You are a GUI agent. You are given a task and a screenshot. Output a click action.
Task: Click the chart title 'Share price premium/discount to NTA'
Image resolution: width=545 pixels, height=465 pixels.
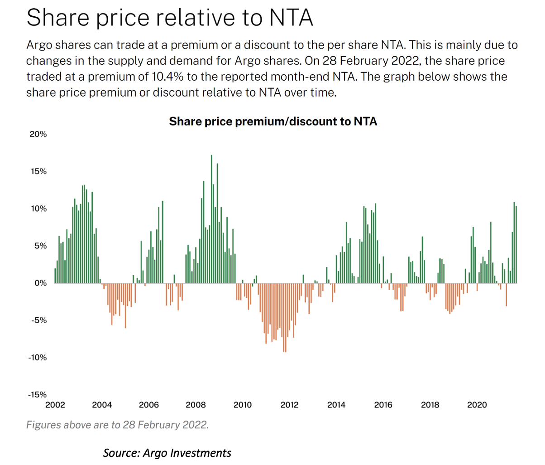click(273, 121)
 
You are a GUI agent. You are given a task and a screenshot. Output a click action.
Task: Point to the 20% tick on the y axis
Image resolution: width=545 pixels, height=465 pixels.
click(38, 134)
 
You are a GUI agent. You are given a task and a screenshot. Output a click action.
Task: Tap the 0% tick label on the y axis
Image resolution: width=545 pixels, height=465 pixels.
click(40, 283)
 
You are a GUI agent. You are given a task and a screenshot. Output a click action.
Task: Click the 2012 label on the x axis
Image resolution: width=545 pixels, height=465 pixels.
click(289, 405)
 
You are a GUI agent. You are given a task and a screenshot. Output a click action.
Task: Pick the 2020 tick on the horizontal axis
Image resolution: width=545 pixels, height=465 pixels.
click(477, 405)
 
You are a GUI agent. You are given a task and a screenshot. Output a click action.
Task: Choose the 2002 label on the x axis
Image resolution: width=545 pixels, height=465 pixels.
click(55, 405)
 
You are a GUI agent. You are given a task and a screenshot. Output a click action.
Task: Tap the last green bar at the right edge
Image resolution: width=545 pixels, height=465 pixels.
click(516, 245)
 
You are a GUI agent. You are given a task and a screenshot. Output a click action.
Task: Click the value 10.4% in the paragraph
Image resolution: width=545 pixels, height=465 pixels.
click(167, 77)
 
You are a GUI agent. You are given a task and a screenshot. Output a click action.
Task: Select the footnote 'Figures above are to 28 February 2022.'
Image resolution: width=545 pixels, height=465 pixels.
click(117, 425)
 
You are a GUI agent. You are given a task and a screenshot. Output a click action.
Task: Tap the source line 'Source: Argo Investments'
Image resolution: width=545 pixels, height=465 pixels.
click(167, 453)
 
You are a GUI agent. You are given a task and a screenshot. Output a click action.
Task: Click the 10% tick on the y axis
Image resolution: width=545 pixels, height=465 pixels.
click(38, 209)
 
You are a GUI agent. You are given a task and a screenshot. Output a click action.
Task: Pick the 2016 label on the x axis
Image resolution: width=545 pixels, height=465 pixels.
click(383, 405)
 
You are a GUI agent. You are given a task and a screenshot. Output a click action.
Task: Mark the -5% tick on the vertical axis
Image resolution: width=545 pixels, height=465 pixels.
click(39, 320)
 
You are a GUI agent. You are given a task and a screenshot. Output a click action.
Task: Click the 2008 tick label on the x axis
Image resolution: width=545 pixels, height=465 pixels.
click(196, 405)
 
